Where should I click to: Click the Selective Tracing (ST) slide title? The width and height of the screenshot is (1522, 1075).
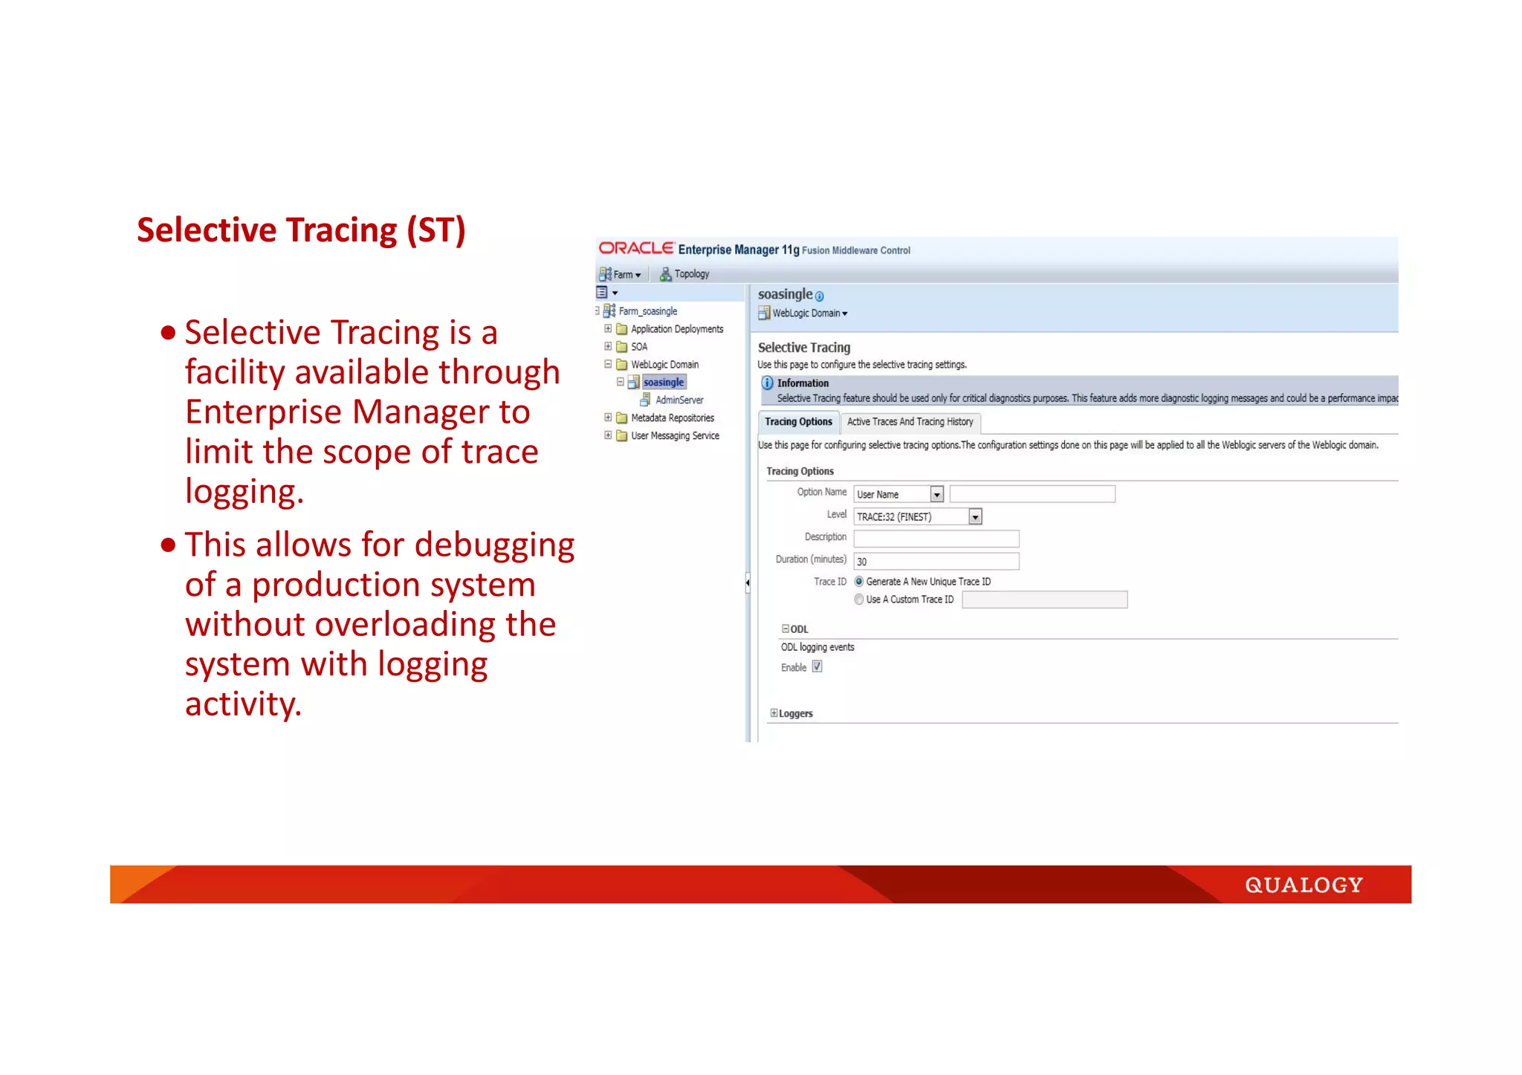pos(301,230)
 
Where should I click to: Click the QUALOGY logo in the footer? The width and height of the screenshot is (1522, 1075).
pos(1304,885)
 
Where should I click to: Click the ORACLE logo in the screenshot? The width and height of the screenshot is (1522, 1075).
pos(636,249)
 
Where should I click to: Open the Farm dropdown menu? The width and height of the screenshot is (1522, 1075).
pos(621,274)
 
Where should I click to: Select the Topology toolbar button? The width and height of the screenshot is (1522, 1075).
pos(684,274)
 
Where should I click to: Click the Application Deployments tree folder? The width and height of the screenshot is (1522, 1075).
pos(676,329)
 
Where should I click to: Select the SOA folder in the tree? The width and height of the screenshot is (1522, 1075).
pos(638,347)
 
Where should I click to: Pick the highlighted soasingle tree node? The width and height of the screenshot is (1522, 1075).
pos(663,383)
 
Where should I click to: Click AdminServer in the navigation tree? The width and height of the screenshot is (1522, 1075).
pos(679,400)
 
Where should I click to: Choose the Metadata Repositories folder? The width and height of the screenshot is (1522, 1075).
pos(672,418)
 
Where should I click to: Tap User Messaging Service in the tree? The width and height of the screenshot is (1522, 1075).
pos(675,436)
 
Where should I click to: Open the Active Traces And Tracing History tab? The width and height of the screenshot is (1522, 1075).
pos(910,422)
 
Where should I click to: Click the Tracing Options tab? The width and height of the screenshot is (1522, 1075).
pos(798,422)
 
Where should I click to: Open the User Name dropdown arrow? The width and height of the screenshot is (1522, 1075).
pos(936,495)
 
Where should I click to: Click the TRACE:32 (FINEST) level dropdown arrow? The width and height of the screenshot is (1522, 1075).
pos(975,517)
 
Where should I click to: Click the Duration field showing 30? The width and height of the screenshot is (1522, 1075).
pos(936,562)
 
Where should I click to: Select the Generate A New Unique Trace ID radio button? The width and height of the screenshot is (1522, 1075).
pos(859,582)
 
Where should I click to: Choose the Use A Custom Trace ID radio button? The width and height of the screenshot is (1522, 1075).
pos(859,600)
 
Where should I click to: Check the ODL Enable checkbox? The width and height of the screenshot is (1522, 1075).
pos(817,667)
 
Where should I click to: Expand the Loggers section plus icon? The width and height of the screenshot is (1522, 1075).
pos(774,713)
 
